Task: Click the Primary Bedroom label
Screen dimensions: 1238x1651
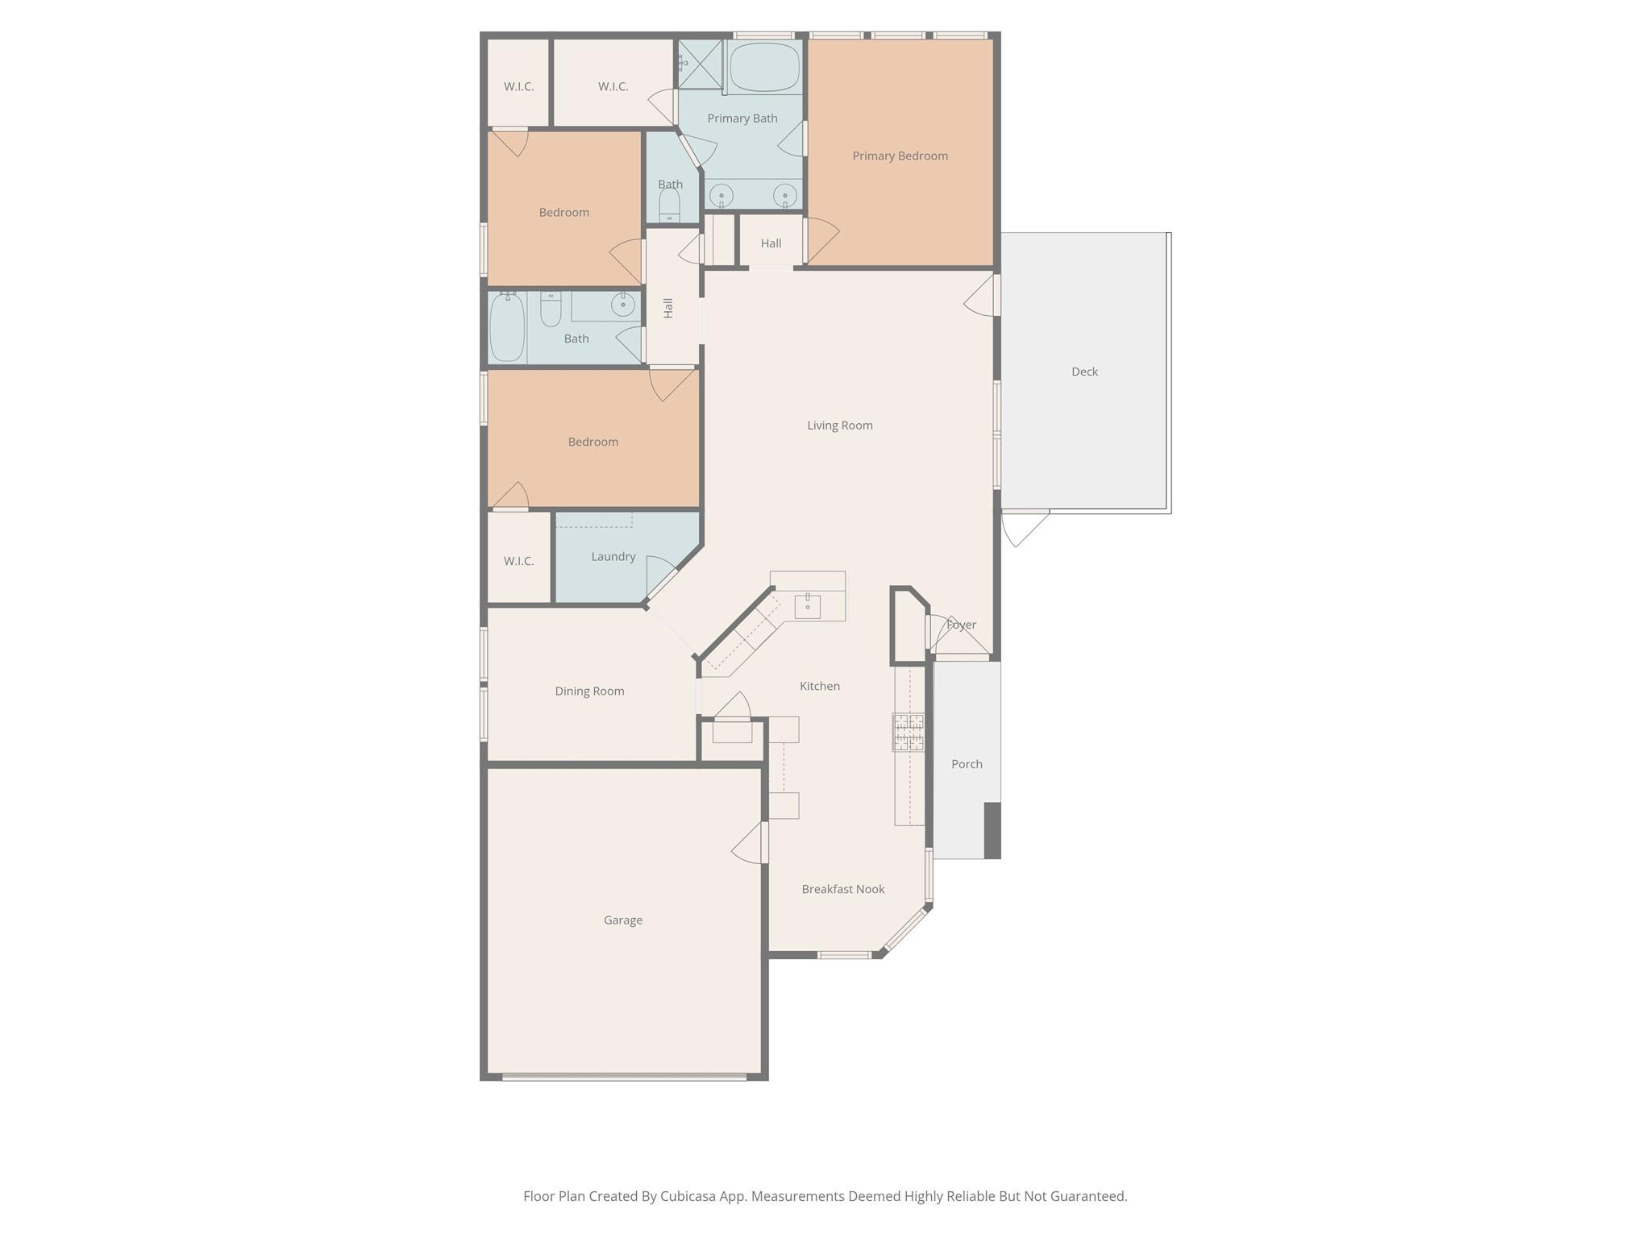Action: [900, 156]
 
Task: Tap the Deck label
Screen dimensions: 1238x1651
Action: [1084, 372]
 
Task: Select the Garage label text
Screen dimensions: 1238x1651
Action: [622, 920]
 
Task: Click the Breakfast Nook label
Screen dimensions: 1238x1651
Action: [842, 889]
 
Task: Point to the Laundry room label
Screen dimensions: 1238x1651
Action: [613, 556]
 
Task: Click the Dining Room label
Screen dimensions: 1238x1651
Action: [589, 691]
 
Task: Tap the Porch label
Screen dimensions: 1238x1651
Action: [967, 764]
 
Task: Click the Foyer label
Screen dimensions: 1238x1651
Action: [961, 625]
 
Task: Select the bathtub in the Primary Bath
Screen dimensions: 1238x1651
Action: [764, 67]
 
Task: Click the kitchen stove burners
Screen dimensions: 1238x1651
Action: [909, 732]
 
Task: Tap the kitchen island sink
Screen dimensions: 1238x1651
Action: [807, 605]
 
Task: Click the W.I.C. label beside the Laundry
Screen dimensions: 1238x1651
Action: [518, 561]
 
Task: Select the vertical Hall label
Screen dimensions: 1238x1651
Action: [668, 308]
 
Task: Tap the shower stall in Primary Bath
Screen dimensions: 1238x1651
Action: [700, 64]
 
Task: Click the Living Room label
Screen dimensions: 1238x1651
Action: [839, 426]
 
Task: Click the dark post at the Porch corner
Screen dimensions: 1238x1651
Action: [992, 830]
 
